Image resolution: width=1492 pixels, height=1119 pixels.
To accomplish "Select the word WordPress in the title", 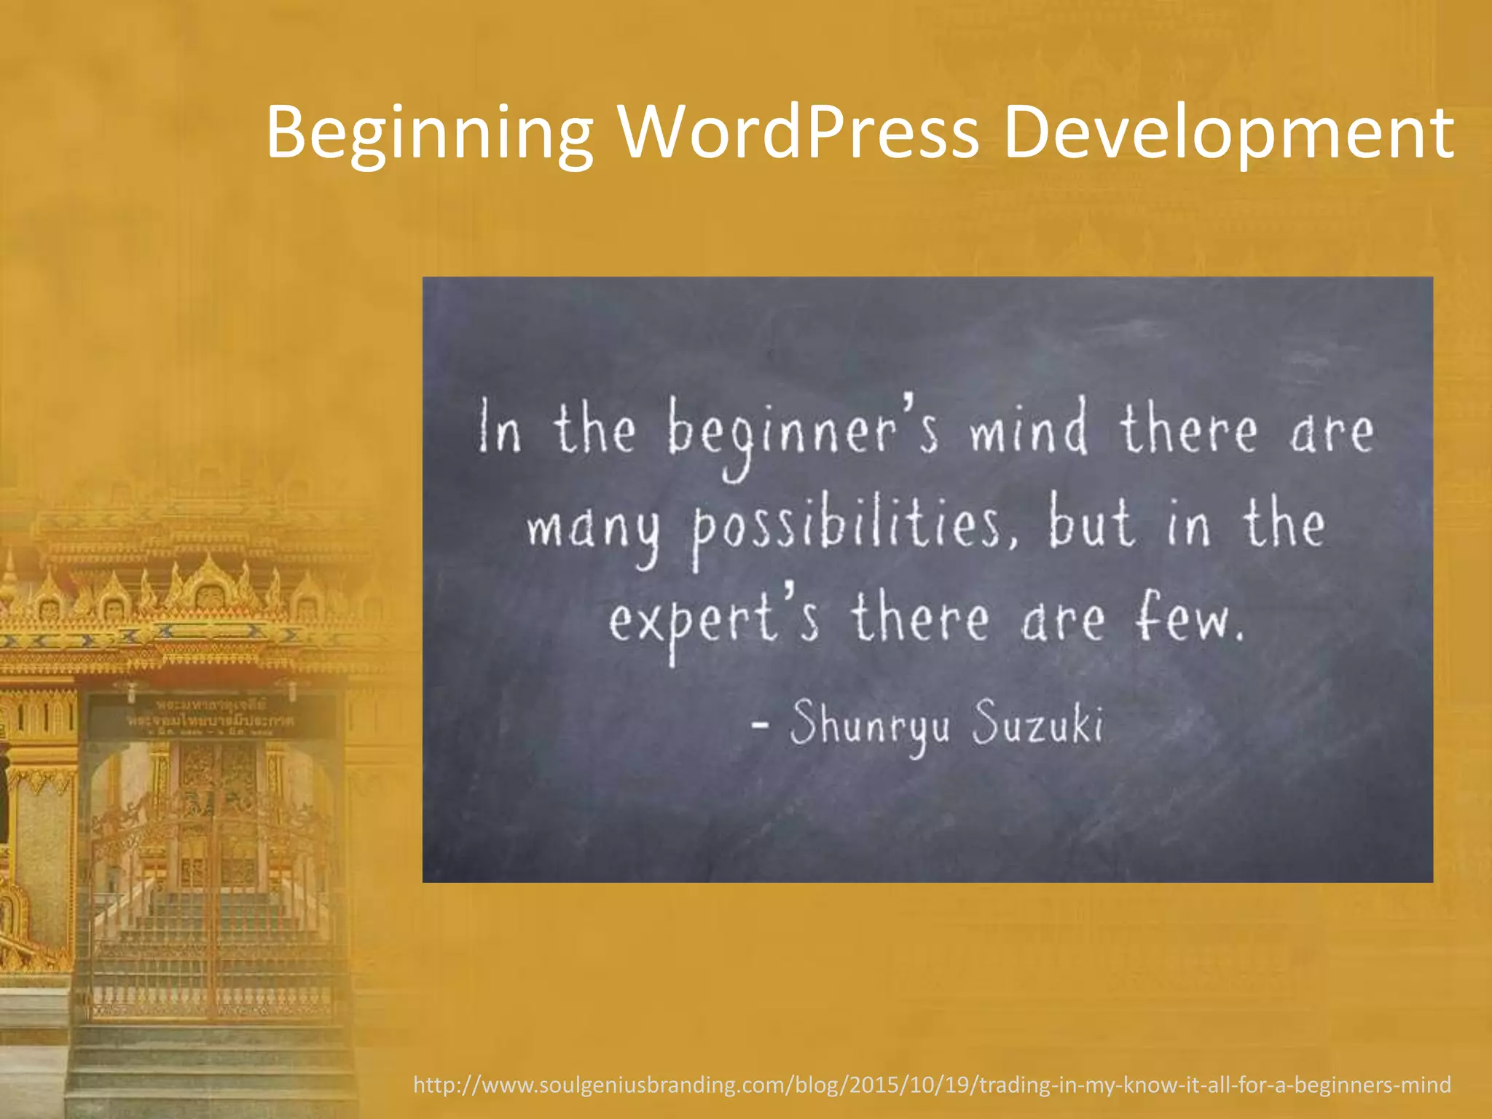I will (798, 133).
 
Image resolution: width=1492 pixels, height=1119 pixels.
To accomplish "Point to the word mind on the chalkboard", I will (1027, 430).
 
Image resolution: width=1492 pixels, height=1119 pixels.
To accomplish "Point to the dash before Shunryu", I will (760, 725).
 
